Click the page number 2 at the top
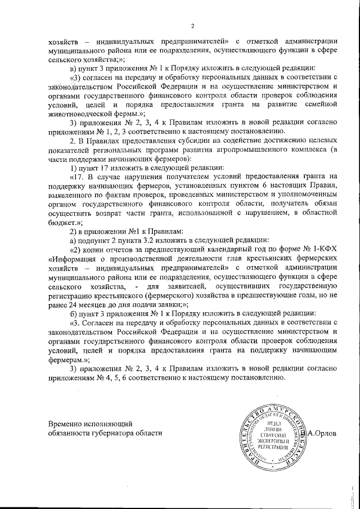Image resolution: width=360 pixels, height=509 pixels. click(192, 26)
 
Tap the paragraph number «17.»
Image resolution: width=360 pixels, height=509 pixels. click(76, 175)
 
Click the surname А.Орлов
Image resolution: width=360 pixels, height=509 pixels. click(322, 433)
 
